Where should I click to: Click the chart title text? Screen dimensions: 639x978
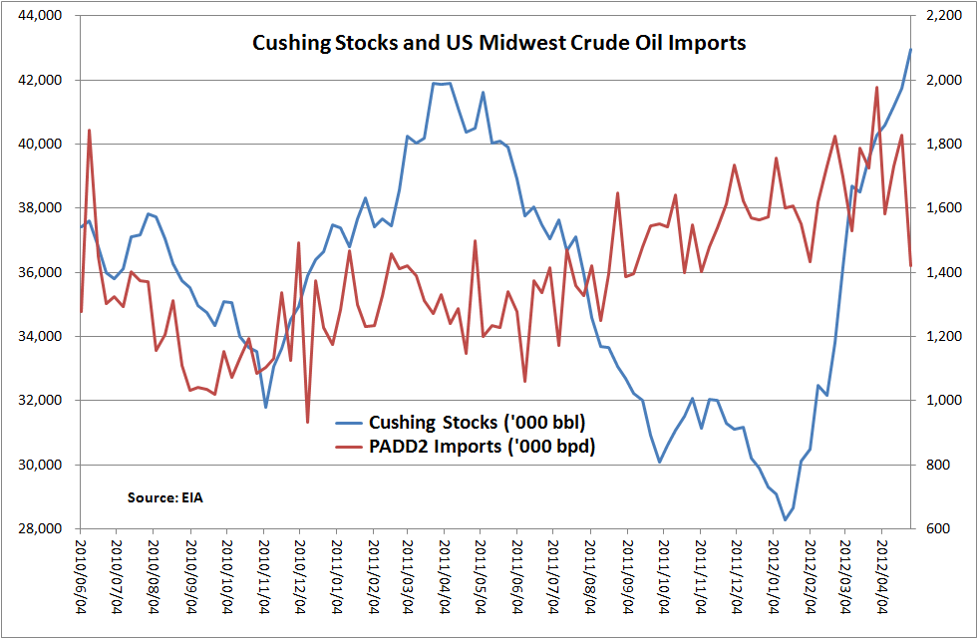coord(498,44)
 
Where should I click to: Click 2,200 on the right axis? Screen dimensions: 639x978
coord(943,16)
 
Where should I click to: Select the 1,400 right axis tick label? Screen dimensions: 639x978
coord(943,272)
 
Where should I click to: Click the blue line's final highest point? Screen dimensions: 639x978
coord(910,49)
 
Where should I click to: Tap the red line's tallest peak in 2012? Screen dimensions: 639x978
coord(876,87)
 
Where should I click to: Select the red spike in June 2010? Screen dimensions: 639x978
coord(90,130)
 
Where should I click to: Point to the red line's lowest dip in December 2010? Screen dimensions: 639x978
coord(307,422)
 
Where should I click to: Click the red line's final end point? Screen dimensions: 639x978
coord(910,265)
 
